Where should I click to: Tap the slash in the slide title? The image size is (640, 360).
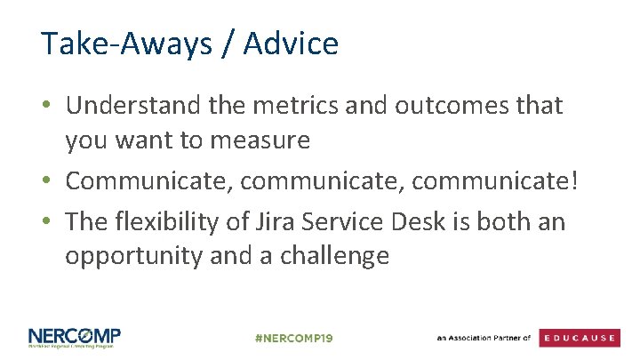point(234,44)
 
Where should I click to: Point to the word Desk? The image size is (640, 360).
point(441,220)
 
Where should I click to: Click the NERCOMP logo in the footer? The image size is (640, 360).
point(75,338)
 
